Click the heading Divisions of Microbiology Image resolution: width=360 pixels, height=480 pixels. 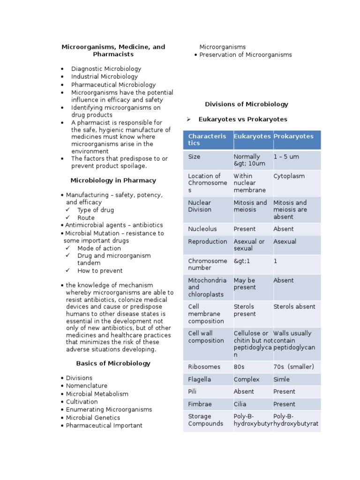tap(247, 104)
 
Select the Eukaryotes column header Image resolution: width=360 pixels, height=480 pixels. tap(252, 136)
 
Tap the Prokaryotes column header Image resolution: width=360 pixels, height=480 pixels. tap(293, 136)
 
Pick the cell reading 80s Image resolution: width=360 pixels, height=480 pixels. tap(240, 367)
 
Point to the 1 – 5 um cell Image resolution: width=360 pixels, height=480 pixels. tap(286, 157)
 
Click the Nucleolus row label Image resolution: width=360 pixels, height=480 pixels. tap(202, 229)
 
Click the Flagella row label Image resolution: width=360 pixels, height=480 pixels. tap(200, 379)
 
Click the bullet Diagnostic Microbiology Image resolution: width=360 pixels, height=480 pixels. tap(106, 68)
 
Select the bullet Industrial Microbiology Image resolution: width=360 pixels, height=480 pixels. tap(105, 76)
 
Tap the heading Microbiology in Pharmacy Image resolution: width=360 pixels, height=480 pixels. tap(113, 180)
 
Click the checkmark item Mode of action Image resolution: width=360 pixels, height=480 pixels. tap(99, 248)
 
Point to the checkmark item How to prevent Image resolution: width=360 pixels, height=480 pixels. tap(100, 270)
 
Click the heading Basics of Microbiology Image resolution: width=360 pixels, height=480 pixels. tap(113, 363)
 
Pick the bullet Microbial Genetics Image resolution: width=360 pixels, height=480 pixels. tap(93, 417)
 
